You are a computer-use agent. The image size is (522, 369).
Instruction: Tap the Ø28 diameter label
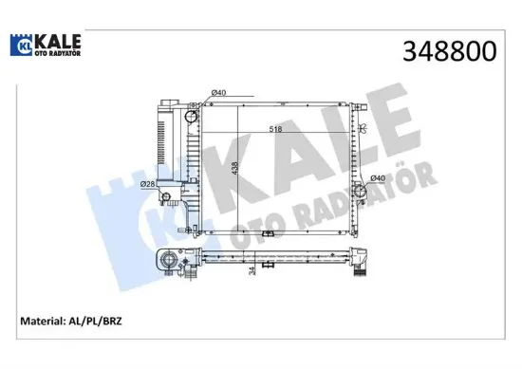point(147,184)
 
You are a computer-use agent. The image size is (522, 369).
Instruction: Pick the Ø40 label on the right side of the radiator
point(376,177)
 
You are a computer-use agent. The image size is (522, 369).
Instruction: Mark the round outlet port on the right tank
point(361,191)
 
